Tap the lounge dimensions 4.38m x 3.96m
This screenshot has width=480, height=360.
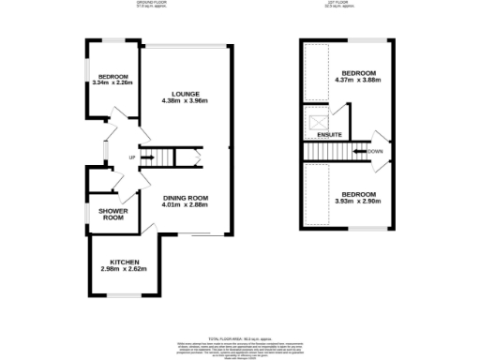point(183,101)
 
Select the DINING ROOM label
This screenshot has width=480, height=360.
point(184,198)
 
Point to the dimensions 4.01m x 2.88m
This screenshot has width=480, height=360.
point(184,205)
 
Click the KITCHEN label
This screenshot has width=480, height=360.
point(126,262)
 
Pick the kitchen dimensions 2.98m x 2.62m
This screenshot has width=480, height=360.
point(126,269)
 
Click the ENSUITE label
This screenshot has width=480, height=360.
point(329,136)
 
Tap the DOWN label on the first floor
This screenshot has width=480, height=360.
point(374,151)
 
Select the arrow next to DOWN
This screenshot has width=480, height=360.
point(359,151)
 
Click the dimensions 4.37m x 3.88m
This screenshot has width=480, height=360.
point(359,81)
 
